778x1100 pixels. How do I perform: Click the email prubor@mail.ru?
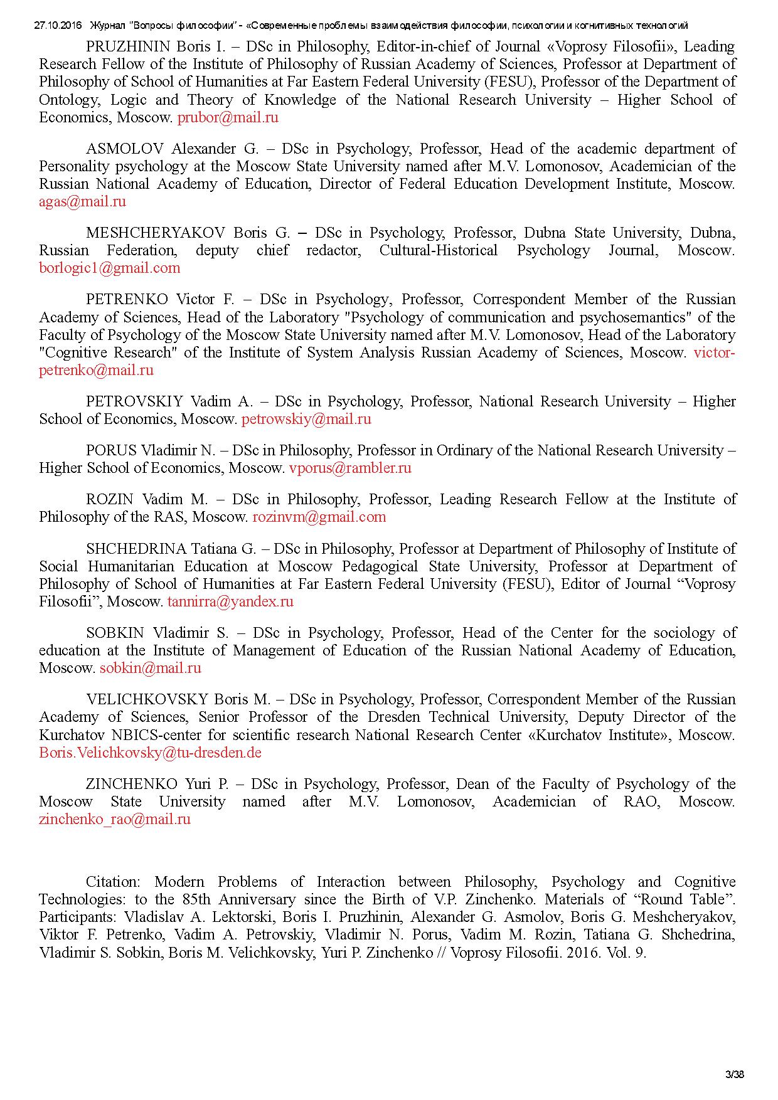228,117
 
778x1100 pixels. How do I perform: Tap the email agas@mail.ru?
82,201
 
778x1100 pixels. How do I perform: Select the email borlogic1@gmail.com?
109,268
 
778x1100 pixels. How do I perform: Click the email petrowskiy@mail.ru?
306,419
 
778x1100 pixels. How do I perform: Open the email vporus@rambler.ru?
350,468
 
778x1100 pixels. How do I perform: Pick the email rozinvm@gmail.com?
319,517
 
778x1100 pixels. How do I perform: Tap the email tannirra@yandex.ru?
230,601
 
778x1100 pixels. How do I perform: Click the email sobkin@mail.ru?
151,668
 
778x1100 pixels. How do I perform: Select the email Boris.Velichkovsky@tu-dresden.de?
150,753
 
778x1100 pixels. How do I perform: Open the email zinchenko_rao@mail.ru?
115,819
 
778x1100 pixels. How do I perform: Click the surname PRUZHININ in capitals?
128,46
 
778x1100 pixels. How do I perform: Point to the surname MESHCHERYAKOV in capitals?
155,233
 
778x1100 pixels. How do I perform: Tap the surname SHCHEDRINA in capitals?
136,549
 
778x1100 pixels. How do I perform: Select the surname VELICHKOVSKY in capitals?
147,699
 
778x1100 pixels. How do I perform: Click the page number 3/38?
734,1074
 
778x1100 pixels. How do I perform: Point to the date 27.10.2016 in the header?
58,26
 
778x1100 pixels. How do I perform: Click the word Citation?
112,882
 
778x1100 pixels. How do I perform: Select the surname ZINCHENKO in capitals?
132,784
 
